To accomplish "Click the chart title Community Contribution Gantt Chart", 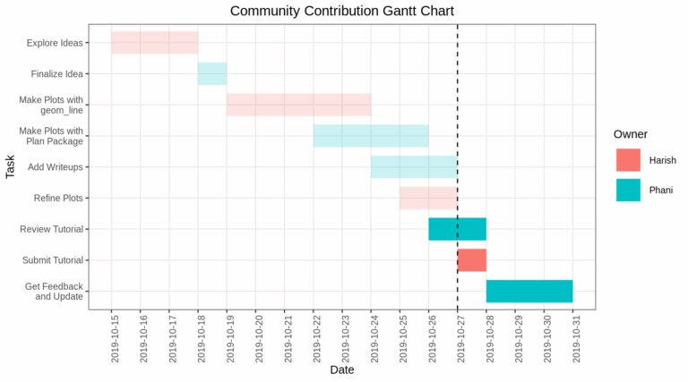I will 342,12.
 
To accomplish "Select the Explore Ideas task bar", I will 154,42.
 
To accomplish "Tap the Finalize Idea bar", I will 212,73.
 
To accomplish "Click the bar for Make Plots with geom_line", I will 298,105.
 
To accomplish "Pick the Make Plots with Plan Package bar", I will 371,136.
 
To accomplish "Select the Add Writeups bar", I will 414,166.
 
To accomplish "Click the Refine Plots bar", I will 428,198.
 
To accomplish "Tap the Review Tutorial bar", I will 457,229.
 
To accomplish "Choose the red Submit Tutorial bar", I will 472,260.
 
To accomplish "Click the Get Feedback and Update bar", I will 529,291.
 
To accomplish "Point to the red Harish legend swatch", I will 628,160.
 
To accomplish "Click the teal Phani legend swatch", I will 628,190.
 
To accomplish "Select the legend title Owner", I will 631,133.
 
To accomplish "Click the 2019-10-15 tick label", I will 113,337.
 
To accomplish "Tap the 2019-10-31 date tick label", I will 573,337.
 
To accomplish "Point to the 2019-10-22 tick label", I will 314,337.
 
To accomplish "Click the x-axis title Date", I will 342,369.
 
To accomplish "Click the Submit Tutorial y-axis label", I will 51,260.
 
